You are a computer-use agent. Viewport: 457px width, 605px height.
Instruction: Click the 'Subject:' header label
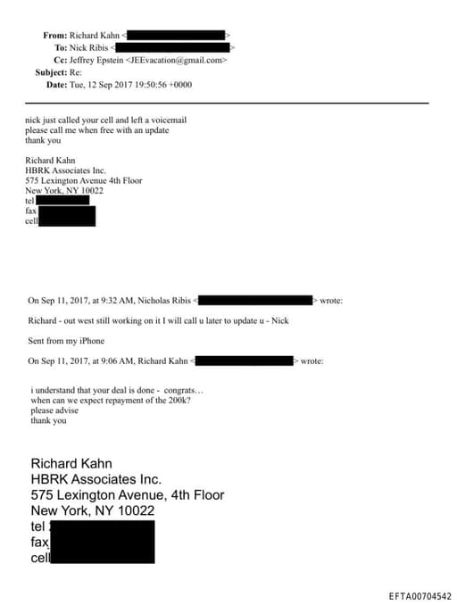50,72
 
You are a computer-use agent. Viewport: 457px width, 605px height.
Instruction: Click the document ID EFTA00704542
420,595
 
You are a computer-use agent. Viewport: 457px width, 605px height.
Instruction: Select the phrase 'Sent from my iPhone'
66,341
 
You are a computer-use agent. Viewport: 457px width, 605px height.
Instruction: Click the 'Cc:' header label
60,60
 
